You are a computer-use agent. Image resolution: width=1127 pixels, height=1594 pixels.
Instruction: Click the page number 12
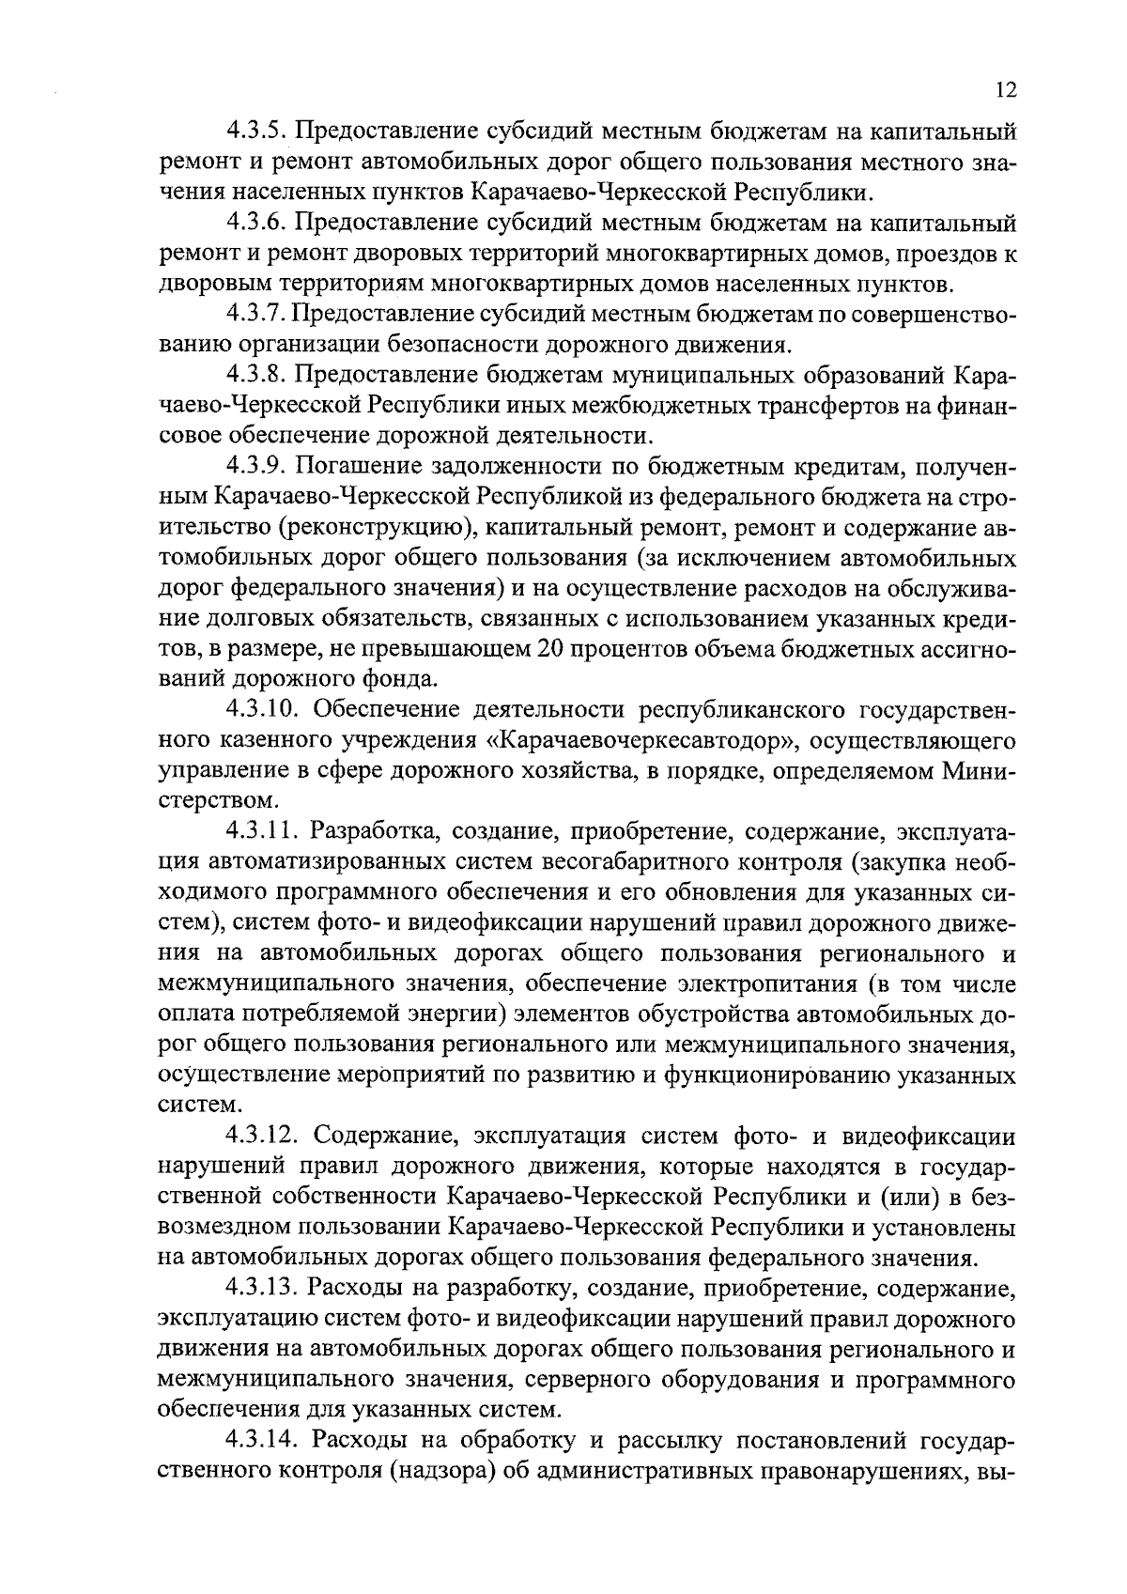click(x=1004, y=90)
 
